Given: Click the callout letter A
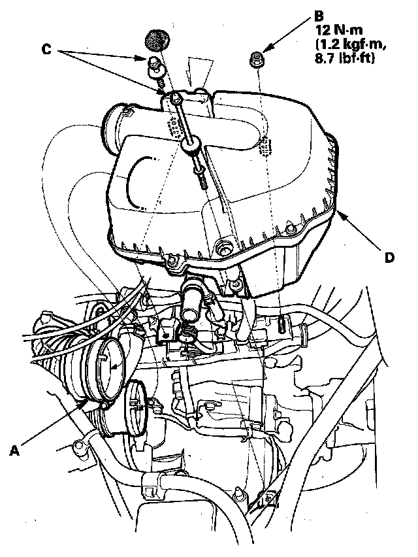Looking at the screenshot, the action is (x=15, y=449).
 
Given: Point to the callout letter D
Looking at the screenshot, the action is (x=389, y=258).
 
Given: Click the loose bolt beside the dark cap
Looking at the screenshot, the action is (x=155, y=66).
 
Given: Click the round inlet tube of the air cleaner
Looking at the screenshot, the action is (x=116, y=127).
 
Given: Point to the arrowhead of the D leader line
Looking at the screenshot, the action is (x=339, y=214).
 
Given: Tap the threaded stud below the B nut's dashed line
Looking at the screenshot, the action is (x=280, y=323).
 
